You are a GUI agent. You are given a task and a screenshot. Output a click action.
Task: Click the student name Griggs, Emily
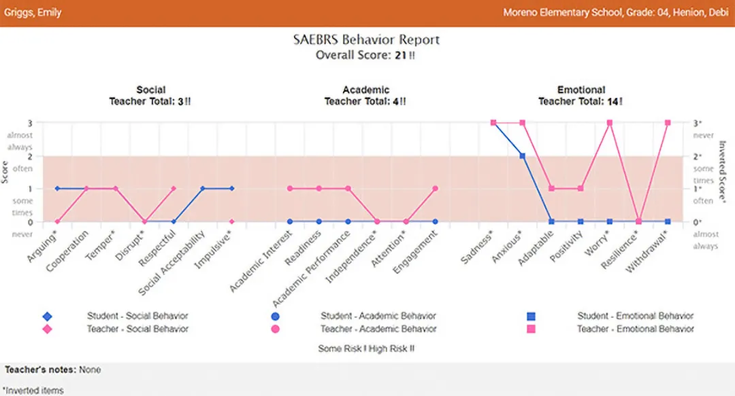[x=33, y=12]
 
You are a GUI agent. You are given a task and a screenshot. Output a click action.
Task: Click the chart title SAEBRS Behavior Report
[x=366, y=39]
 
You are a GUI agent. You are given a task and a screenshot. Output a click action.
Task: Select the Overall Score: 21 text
[x=365, y=55]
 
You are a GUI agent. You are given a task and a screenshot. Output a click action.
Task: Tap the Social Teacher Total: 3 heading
[x=150, y=95]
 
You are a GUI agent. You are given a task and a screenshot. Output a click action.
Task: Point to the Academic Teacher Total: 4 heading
[x=365, y=95]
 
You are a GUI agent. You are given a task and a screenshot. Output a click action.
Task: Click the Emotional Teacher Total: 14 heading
[x=581, y=95]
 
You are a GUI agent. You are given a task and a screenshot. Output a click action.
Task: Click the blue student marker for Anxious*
[x=523, y=156]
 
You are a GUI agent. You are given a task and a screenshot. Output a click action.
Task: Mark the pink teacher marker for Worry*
[x=610, y=123]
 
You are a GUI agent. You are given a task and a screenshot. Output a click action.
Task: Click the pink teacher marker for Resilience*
[x=638, y=221]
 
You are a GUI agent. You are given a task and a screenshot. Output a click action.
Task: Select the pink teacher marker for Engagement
[x=436, y=188]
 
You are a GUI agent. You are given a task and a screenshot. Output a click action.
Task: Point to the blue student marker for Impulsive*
[x=232, y=188]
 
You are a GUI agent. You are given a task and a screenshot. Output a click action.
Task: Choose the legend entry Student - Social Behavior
[x=137, y=316]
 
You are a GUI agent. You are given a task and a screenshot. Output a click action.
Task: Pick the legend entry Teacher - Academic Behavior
[x=378, y=329]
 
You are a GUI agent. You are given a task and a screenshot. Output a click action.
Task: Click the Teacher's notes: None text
[x=53, y=370]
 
